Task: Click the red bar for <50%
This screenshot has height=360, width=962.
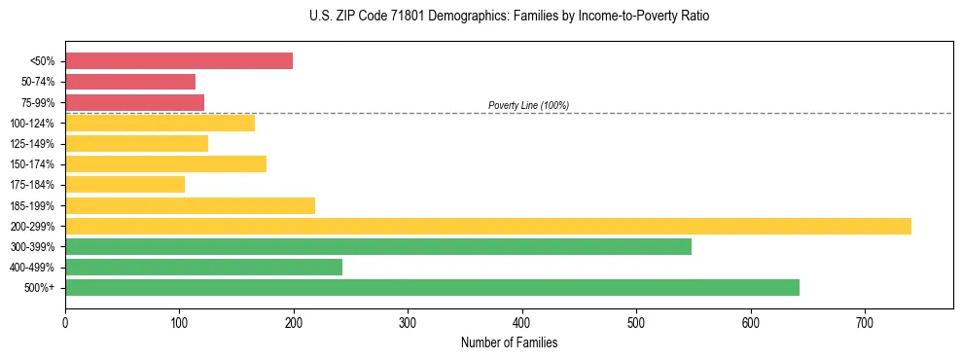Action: coord(178,61)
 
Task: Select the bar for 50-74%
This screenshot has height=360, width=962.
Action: coord(130,82)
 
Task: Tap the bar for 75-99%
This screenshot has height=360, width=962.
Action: coord(134,102)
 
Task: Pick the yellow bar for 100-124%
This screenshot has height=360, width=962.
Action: coord(160,123)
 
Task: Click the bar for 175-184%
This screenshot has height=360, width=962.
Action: coord(125,185)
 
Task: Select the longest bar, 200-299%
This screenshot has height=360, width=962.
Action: coord(487,226)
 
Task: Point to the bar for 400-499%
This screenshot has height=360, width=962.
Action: coord(203,267)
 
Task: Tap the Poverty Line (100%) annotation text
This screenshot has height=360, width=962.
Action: coord(528,105)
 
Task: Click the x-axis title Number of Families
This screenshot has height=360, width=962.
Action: coord(509,342)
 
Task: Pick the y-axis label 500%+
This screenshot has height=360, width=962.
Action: coord(38,288)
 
